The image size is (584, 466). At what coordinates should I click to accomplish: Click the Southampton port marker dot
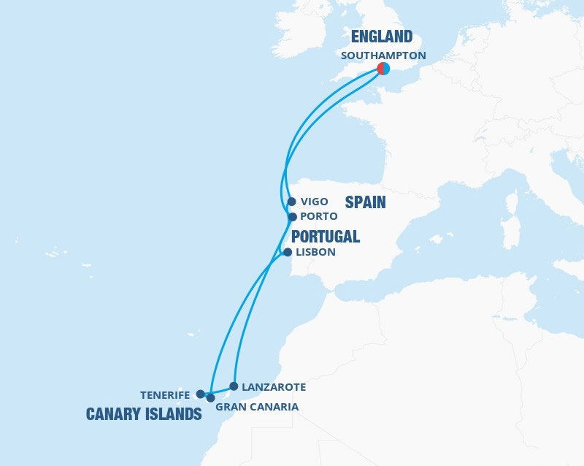pyautogui.click(x=383, y=69)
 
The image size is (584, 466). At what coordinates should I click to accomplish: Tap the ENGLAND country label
pyautogui.click(x=382, y=37)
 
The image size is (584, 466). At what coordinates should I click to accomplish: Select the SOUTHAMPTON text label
pyautogui.click(x=383, y=55)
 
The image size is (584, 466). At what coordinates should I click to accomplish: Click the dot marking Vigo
pyautogui.click(x=291, y=202)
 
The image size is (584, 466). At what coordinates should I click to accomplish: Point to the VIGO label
pyautogui.click(x=315, y=202)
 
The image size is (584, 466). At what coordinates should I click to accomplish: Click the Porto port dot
pyautogui.click(x=292, y=217)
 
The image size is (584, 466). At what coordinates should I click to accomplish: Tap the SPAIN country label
pyautogui.click(x=365, y=202)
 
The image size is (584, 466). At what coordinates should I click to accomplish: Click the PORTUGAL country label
pyautogui.click(x=326, y=236)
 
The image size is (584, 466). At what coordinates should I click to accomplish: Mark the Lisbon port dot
pyautogui.click(x=287, y=252)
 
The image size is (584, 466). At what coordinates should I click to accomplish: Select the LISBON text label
pyautogui.click(x=315, y=252)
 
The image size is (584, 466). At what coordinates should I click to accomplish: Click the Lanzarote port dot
pyautogui.click(x=234, y=386)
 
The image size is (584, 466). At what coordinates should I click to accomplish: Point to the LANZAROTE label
pyautogui.click(x=273, y=386)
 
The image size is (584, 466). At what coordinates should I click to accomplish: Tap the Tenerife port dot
pyautogui.click(x=200, y=394)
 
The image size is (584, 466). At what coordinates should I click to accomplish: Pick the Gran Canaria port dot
pyautogui.click(x=210, y=398)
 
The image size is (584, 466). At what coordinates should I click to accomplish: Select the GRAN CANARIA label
pyautogui.click(x=257, y=407)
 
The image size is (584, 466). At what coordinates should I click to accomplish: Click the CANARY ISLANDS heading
pyautogui.click(x=144, y=414)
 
